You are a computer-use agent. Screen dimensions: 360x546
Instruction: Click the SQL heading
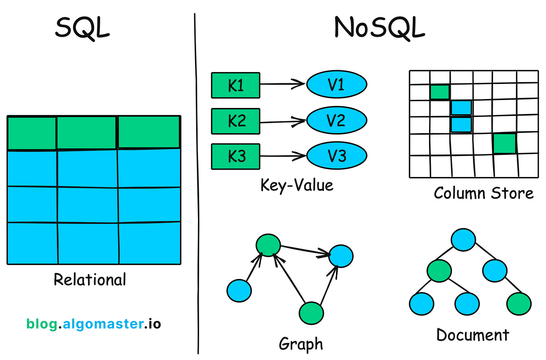[82, 28]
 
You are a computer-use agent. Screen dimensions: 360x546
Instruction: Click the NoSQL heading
[379, 28]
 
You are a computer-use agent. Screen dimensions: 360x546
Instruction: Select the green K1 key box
[235, 85]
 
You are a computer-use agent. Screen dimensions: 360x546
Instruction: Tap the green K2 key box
[235, 121]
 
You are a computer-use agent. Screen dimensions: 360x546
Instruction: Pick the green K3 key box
[235, 156]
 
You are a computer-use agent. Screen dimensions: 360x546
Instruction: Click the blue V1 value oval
[336, 85]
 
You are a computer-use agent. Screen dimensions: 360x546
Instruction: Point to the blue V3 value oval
[336, 156]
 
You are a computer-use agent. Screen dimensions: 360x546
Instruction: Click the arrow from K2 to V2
[283, 122]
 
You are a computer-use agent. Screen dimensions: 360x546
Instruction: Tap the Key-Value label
[297, 186]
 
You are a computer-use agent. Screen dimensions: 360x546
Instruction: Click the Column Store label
[483, 193]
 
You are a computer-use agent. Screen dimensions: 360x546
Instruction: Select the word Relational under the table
[90, 280]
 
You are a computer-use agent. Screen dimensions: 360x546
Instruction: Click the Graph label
[301, 344]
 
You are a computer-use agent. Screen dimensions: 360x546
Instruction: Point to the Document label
[472, 335]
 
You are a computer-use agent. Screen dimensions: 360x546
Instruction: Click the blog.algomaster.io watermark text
[93, 324]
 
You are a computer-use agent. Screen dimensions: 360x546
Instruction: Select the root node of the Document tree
[463, 240]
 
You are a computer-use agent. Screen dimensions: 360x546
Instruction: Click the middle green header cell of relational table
[87, 133]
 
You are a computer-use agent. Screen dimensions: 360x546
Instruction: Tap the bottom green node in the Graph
[311, 313]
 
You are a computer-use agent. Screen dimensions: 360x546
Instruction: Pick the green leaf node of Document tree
[519, 304]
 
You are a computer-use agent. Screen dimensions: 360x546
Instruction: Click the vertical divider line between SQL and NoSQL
[196, 184]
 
